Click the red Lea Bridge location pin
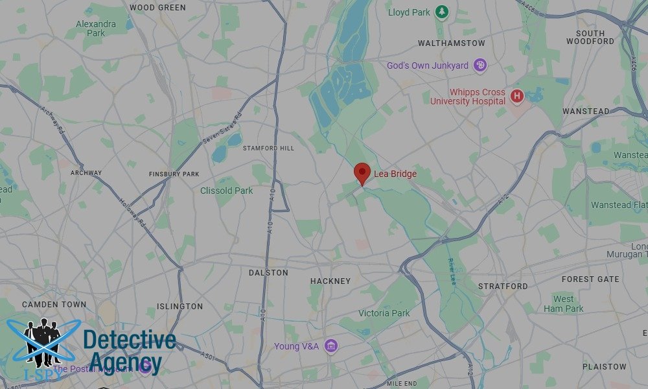pos(362,173)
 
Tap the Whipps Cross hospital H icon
pos(516,97)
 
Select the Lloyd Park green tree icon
pos(442,12)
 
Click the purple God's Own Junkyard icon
pos(480,65)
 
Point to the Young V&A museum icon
pos(331,346)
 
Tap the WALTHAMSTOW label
pos(451,43)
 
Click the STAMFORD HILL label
pos(268,148)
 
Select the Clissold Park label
pos(226,191)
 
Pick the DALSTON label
pos(268,273)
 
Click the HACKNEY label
pos(330,281)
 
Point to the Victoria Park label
pos(384,313)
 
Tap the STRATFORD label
pos(503,286)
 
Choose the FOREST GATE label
pos(590,279)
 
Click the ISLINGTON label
pos(179,307)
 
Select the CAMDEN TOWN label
pos(54,305)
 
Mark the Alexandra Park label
pos(95,28)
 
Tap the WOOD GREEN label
pos(157,8)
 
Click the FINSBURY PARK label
pos(174,174)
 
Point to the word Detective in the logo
pos(129,340)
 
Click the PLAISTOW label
pos(605,367)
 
